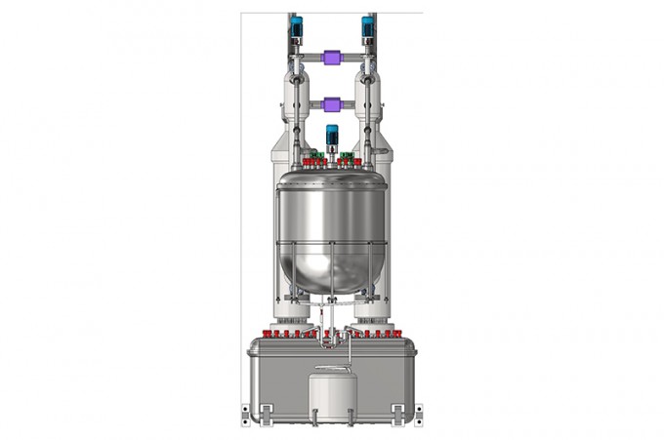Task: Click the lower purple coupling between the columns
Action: pyautogui.click(x=331, y=103)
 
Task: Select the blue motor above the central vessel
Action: pyautogui.click(x=331, y=136)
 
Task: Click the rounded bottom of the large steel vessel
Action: pyautogui.click(x=331, y=268)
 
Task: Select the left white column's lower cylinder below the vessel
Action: pyautogui.click(x=291, y=310)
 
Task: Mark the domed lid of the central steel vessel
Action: pyautogui.click(x=331, y=177)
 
